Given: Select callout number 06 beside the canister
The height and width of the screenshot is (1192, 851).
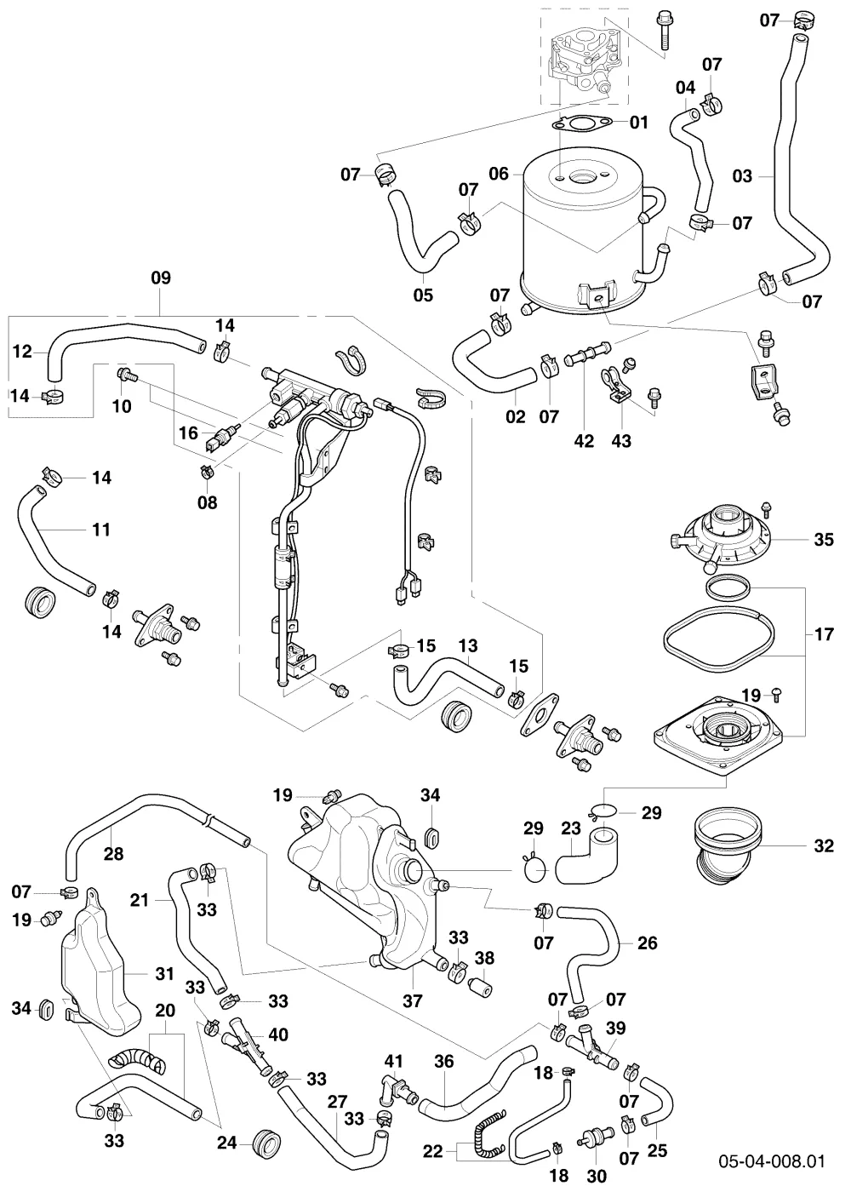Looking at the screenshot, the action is [x=499, y=174].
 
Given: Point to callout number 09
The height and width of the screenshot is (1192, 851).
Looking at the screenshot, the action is [x=161, y=278].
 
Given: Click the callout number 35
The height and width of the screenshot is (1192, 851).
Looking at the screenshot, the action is [x=824, y=540].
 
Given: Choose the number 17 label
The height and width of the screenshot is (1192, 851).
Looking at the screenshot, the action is [x=824, y=634].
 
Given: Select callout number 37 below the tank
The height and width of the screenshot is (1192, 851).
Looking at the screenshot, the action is [x=412, y=1001].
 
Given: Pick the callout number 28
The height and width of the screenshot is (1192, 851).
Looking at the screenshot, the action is [x=113, y=854].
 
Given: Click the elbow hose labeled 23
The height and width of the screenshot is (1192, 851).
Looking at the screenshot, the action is [x=586, y=860].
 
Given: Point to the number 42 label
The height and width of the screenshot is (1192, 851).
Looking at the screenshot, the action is [x=584, y=441].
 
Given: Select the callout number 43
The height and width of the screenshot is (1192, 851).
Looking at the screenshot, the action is [x=621, y=441].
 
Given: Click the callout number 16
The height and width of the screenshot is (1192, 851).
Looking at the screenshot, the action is [x=188, y=433].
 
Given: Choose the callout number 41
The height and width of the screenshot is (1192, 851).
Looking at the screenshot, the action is [x=393, y=1072].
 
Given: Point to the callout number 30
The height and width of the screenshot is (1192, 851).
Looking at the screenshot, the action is [x=597, y=1175].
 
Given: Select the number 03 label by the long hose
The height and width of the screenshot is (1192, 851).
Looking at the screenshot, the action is [x=742, y=175].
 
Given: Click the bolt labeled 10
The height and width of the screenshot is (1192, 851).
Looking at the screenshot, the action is [x=126, y=374].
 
